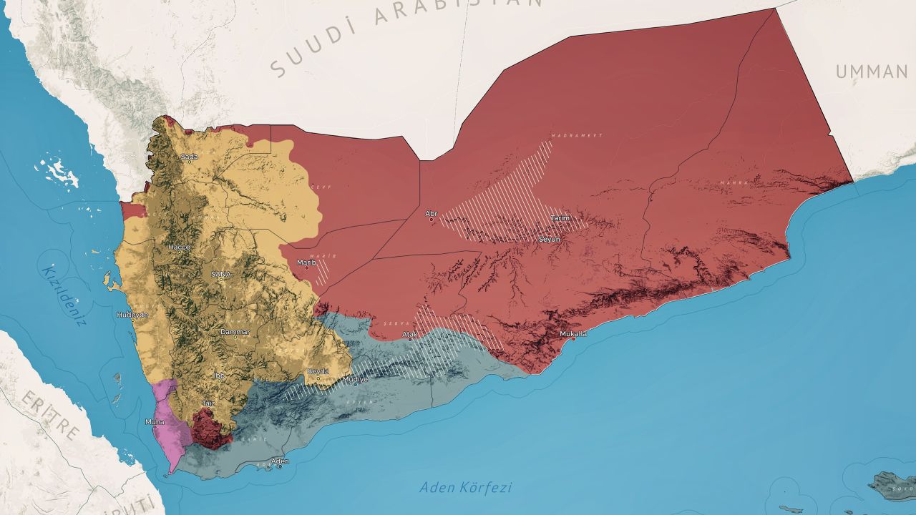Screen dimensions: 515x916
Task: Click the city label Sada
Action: coord(189,157)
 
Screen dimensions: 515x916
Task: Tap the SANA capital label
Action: coord(221,273)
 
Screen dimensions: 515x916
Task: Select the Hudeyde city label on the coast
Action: coord(133,315)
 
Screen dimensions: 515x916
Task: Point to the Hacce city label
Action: coord(179,247)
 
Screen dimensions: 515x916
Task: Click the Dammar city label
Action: coord(235,332)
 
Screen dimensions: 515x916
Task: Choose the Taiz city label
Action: coord(208,403)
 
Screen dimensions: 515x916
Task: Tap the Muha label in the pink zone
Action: coord(155,422)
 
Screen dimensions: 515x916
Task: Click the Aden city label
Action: coord(280,461)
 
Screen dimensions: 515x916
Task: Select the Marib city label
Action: coord(306,263)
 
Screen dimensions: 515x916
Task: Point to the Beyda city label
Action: coord(318,371)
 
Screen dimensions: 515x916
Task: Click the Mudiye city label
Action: coord(356,379)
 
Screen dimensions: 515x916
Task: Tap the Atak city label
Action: coord(410,334)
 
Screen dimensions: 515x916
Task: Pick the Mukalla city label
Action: coord(572,334)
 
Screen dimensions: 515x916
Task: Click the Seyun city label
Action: coord(550,239)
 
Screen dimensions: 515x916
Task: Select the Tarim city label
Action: coord(559,218)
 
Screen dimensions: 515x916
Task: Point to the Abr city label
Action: coord(431,213)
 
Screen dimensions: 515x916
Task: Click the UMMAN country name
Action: coord(872,72)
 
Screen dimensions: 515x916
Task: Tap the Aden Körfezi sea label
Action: coord(466,488)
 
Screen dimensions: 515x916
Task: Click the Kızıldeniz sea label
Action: coord(64,295)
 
